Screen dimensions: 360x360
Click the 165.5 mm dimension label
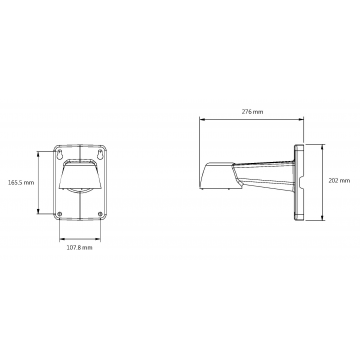(x=21, y=183)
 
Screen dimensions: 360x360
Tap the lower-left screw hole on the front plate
(x=60, y=213)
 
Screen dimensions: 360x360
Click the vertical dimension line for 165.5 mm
(x=40, y=183)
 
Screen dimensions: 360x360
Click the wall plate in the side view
(x=302, y=182)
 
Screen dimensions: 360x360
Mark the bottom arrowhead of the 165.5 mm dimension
(x=40, y=214)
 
